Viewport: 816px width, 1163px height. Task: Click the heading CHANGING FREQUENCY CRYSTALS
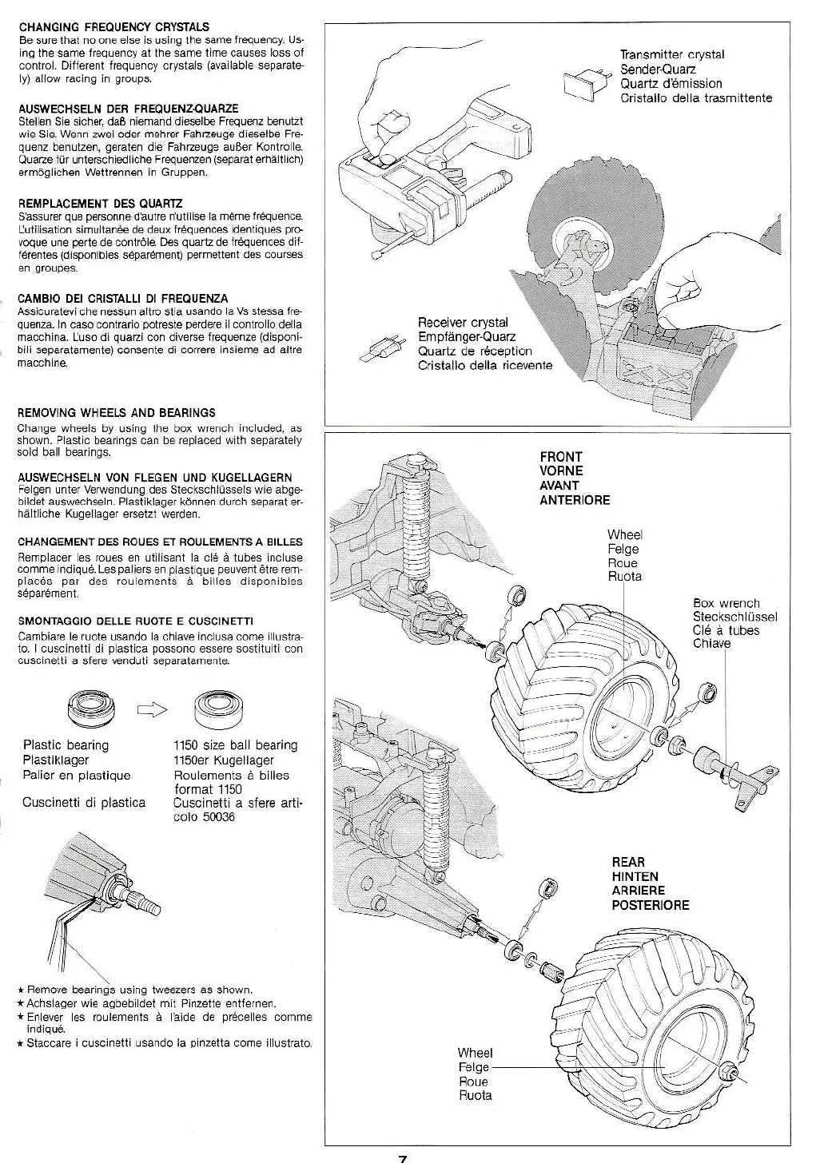pos(113,27)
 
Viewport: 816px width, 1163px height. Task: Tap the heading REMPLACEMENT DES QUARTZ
pos(100,203)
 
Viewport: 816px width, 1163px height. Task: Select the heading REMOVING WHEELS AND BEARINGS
pos(116,413)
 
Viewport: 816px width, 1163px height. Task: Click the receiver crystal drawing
pos(385,347)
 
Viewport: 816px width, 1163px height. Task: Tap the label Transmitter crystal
pos(672,54)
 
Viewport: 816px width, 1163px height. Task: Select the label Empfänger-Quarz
pos(467,337)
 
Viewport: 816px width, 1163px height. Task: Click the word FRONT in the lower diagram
pos(561,458)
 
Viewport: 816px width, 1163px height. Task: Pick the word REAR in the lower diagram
pos(628,863)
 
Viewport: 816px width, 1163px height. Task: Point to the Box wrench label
pos(726,604)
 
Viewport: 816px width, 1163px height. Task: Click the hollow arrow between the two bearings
pos(153,708)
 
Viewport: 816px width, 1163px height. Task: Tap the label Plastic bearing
pos(66,745)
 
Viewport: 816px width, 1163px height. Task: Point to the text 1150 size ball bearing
pos(235,745)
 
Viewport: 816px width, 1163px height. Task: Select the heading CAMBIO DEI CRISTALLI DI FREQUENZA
pos(122,299)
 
